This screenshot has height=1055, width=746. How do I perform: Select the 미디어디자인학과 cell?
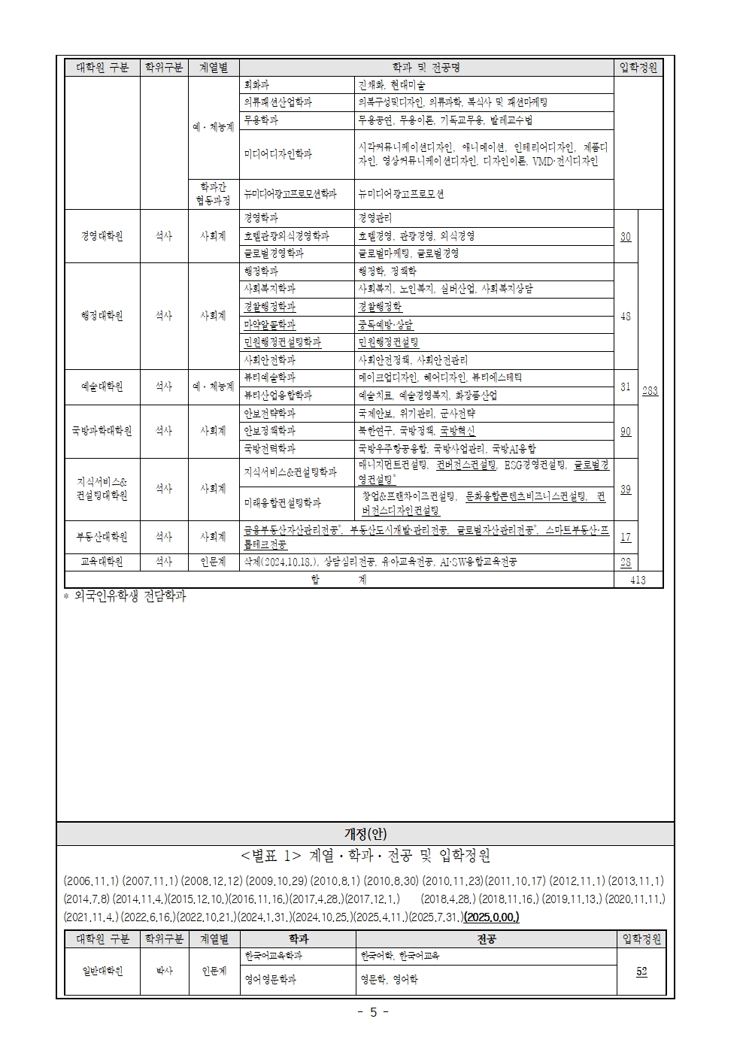[x=277, y=154]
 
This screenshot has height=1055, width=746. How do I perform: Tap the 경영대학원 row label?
[x=102, y=235]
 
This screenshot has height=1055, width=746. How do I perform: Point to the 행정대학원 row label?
[x=102, y=316]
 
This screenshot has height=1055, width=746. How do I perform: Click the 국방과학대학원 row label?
[x=102, y=431]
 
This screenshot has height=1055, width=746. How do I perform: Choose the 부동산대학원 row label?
[x=102, y=537]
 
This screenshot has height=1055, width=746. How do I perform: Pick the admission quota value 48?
[x=626, y=316]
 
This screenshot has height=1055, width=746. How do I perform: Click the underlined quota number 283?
[x=650, y=390]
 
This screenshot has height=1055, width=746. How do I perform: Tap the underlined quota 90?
[x=626, y=431]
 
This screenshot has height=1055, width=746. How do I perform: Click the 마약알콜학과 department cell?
[x=270, y=325]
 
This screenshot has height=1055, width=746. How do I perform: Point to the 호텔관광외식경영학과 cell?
[x=287, y=236]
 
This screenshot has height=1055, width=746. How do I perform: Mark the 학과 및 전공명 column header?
[x=426, y=67]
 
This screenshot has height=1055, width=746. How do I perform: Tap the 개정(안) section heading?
[x=365, y=833]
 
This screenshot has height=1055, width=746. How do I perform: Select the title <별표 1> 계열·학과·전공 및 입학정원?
[x=365, y=856]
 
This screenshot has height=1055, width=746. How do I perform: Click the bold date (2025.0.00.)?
[x=491, y=917]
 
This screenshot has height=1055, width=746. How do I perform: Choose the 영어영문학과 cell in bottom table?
[x=270, y=980]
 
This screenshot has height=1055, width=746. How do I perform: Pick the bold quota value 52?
[x=641, y=971]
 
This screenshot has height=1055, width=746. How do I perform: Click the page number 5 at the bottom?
[x=372, y=1011]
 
